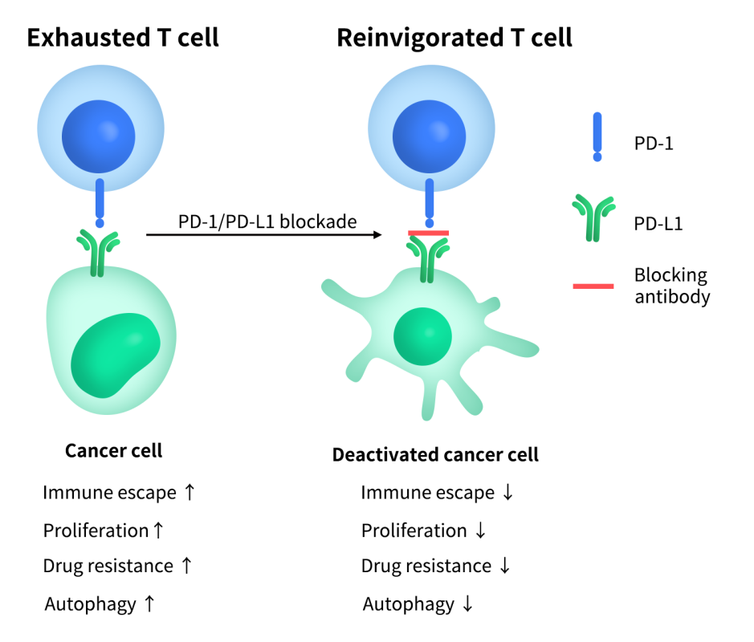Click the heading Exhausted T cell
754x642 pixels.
[x=123, y=38]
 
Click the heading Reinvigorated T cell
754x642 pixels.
[x=454, y=38]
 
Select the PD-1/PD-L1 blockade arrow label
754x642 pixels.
[x=267, y=221]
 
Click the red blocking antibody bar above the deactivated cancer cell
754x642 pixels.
[x=429, y=233]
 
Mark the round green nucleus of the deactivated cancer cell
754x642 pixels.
[x=422, y=334]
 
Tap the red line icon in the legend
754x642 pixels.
[x=593, y=286]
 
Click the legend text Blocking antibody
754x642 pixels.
[x=671, y=286]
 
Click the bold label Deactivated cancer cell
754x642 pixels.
[x=435, y=455]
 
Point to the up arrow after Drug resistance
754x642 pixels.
[x=185, y=566]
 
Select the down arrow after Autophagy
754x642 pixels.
[x=467, y=604]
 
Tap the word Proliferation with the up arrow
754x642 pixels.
[x=96, y=530]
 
